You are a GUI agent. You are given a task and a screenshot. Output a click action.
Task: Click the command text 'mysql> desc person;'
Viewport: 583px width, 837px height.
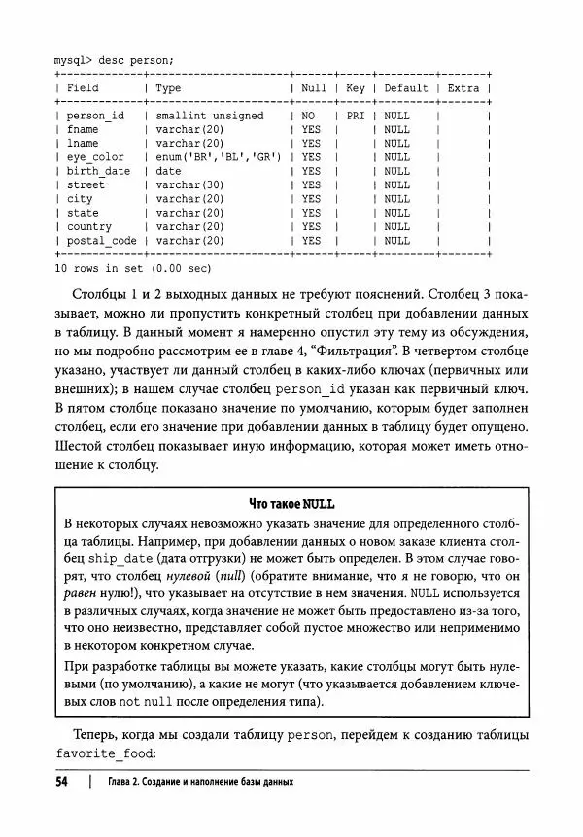coord(114,59)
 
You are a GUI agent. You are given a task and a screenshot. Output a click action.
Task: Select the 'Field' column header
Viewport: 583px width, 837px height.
coord(83,87)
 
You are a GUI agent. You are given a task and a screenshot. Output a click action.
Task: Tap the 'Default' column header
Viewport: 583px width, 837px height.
coord(405,87)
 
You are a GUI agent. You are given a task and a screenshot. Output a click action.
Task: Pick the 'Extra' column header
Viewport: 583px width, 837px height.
coord(463,87)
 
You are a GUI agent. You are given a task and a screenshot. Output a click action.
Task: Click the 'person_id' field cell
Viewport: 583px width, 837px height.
coord(94,116)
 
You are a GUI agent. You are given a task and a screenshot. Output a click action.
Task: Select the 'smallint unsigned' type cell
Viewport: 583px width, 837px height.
coord(209,116)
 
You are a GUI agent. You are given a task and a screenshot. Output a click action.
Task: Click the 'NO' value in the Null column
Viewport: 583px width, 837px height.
coord(308,116)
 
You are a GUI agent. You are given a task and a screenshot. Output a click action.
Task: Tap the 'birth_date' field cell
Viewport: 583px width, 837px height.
coord(98,171)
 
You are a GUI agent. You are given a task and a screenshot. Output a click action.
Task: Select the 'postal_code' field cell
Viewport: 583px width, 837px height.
coord(101,241)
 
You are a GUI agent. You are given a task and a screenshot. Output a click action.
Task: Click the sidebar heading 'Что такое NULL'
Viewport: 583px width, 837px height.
coord(291,503)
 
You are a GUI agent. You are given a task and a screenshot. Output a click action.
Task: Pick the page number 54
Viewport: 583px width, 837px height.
coord(64,783)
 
